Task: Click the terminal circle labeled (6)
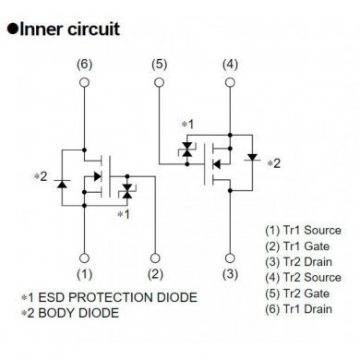point(85,82)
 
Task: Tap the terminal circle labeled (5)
point(158,82)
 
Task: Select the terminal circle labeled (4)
point(230,82)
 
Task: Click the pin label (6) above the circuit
point(85,64)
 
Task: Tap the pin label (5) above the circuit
point(158,64)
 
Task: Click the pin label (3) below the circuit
point(230,274)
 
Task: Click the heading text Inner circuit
point(70,29)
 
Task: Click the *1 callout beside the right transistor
point(187,123)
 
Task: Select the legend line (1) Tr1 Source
point(302,230)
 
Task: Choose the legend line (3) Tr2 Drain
point(300,261)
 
